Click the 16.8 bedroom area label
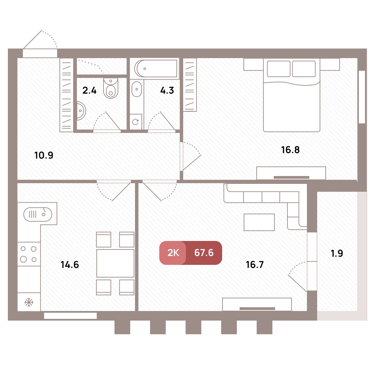[290, 150]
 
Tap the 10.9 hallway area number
[44, 155]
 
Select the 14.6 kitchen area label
[70, 265]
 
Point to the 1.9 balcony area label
[337, 253]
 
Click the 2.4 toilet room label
[89, 91]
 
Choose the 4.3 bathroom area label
[167, 91]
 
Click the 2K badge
[173, 253]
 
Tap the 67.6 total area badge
[204, 253]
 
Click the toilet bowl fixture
[111, 88]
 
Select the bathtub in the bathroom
[157, 68]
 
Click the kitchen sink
[38, 214]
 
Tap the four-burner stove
[29, 254]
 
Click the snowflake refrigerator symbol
[29, 302]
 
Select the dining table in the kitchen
[115, 263]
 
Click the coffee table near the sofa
[259, 222]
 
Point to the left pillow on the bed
[279, 69]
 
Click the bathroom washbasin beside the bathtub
[137, 89]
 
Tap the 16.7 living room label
[255, 265]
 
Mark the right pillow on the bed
[304, 69]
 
